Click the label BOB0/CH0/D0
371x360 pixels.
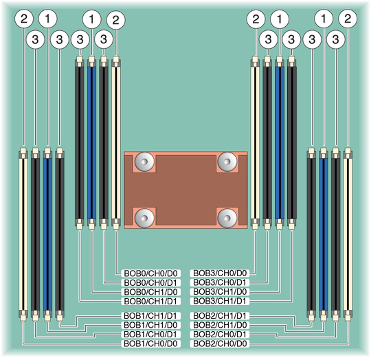150,273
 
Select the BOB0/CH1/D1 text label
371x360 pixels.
150,302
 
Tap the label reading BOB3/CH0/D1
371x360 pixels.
220,282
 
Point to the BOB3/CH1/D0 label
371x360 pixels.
220,292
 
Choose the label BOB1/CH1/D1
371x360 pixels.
150,316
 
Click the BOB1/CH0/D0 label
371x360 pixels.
150,344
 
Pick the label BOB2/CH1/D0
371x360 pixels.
220,325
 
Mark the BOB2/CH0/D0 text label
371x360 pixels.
220,344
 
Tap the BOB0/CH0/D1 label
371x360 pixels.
150,282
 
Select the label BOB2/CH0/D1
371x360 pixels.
220,335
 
